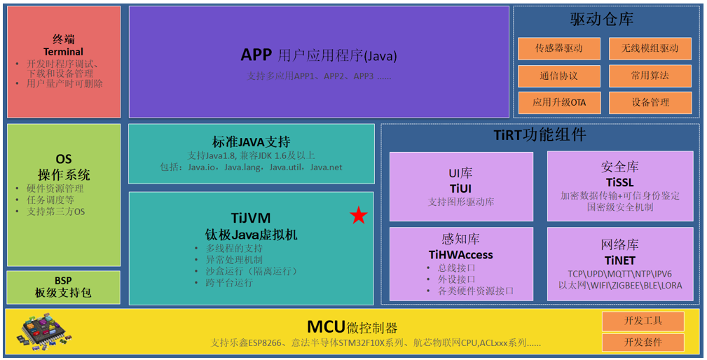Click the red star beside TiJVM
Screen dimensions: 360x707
click(x=358, y=216)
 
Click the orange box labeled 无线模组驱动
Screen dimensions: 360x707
click(x=650, y=48)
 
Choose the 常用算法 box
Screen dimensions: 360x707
click(x=650, y=76)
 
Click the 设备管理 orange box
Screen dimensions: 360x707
click(x=650, y=102)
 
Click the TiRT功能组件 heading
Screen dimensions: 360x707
click(x=540, y=134)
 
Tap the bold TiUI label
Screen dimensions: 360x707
click(x=460, y=188)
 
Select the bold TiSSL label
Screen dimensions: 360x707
click(x=619, y=182)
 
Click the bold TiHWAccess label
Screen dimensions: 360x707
click(x=460, y=255)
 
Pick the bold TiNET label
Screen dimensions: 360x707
click(x=619, y=260)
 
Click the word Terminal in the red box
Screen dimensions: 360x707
click(x=63, y=52)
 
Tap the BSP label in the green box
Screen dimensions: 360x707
click(x=63, y=280)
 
